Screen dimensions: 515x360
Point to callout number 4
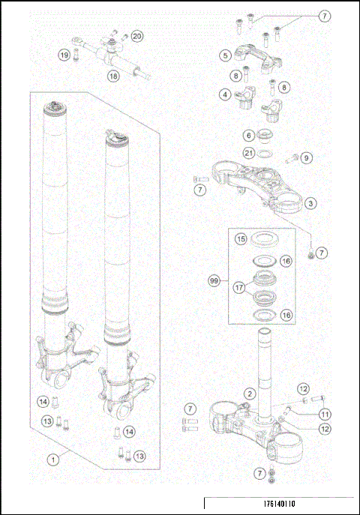[224, 94]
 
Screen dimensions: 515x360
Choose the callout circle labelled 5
[224, 55]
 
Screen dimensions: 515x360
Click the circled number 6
[247, 136]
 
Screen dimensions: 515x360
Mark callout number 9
[306, 157]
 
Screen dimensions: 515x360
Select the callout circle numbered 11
[325, 414]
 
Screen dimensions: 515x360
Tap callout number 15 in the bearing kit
[241, 240]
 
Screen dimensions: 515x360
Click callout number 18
[113, 76]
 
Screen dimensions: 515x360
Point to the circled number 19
[65, 55]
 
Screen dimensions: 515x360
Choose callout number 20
[136, 36]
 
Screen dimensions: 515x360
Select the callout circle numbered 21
[247, 154]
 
